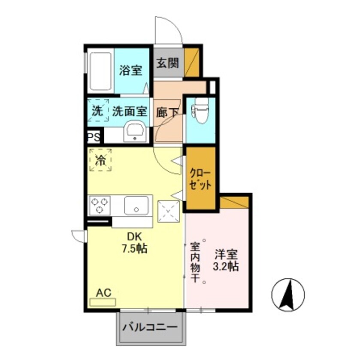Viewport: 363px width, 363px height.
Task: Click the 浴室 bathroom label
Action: point(131,70)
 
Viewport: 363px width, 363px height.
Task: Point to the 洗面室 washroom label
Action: point(130,112)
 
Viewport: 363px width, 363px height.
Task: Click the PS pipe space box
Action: point(94,138)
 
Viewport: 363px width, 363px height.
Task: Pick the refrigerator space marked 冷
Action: point(100,160)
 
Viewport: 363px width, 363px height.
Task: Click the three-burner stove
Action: point(100,206)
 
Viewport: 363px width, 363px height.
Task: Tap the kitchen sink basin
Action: point(138,205)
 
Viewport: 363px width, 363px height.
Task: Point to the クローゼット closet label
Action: point(201,179)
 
